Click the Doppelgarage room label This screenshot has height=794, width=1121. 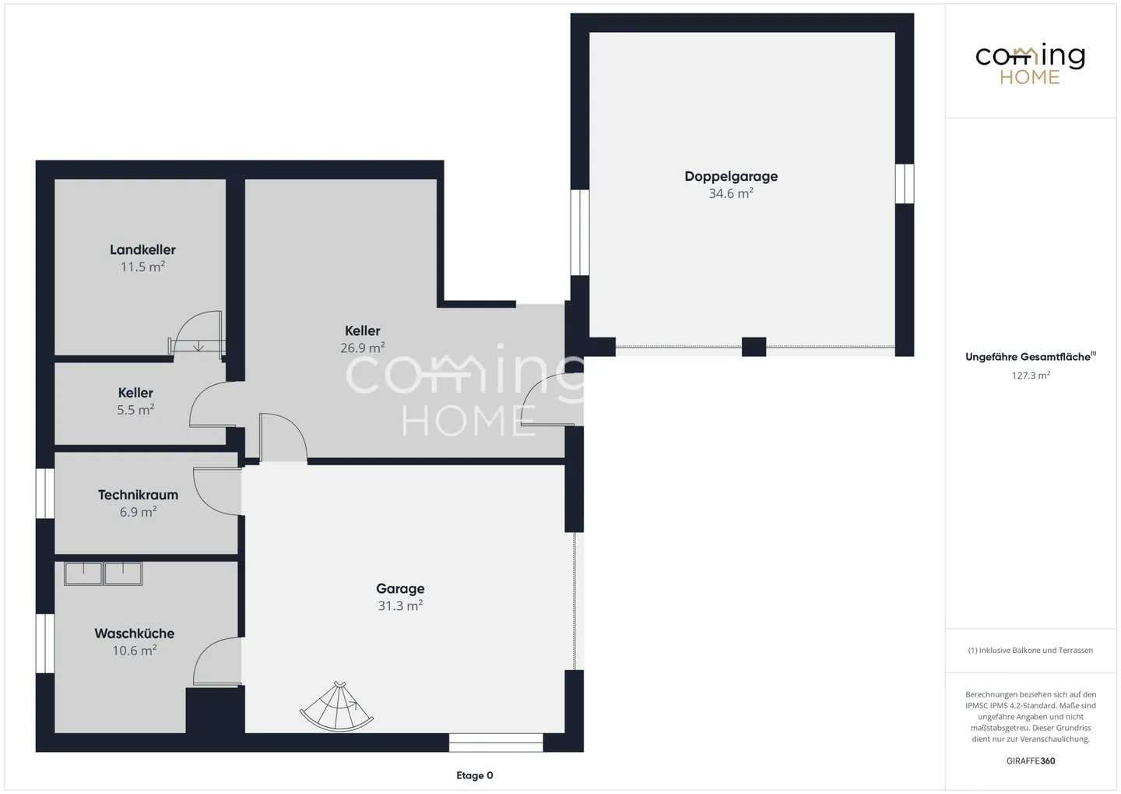731,176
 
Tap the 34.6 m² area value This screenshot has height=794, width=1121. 731,194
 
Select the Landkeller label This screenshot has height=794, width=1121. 142,249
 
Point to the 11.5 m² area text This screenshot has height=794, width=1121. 142,267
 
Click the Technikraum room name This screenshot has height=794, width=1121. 138,495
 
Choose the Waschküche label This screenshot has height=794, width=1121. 135,633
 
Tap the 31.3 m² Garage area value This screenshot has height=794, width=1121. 400,606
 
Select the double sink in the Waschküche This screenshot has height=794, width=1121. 104,573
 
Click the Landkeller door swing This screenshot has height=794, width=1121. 198,333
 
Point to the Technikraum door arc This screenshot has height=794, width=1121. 216,491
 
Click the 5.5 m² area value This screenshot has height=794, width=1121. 135,410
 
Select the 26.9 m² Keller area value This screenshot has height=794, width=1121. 363,348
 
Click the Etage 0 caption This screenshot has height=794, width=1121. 474,775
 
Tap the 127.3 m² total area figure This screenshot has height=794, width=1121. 1031,376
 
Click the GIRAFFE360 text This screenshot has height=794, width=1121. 1031,760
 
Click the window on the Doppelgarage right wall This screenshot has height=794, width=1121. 904,183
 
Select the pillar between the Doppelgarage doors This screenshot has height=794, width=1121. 754,347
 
